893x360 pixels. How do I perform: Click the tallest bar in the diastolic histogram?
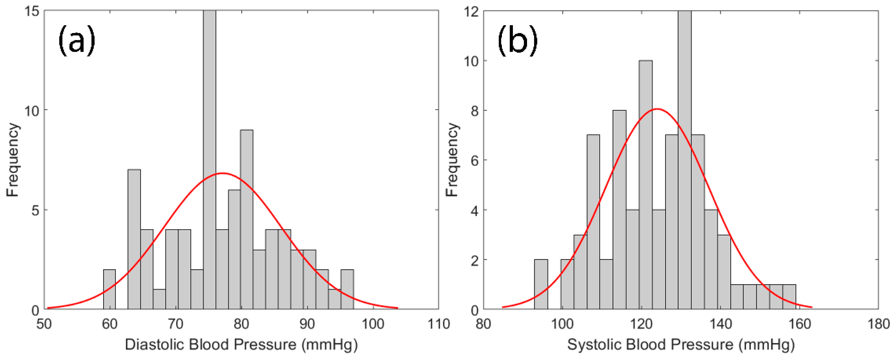coord(209,159)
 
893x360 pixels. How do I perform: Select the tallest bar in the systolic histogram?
coord(685,159)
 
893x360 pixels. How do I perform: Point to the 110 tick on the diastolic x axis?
coord(438,324)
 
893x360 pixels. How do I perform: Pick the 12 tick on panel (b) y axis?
coord(471,12)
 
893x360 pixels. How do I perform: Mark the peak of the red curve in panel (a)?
coord(222,173)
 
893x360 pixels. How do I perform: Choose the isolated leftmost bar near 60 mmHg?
coord(109,289)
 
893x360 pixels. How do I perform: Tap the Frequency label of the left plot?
coord(13,159)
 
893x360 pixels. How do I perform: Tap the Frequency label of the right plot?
coord(452,159)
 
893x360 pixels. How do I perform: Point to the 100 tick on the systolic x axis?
coord(562,324)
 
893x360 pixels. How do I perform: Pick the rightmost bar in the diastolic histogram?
coord(347,289)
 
